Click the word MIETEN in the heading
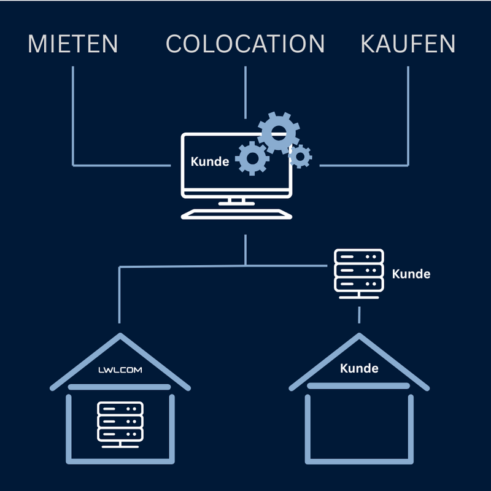point(73,44)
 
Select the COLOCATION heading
point(245,44)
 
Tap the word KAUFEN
point(408,44)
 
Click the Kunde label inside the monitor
point(210,162)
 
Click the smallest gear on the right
point(300,157)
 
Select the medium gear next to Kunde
point(252,159)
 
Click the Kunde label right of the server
point(411,274)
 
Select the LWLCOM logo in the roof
point(120,371)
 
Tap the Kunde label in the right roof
point(359,369)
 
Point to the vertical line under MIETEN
point(73,117)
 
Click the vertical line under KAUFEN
point(408,117)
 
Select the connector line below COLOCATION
point(245,92)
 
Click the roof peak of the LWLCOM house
point(120,337)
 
